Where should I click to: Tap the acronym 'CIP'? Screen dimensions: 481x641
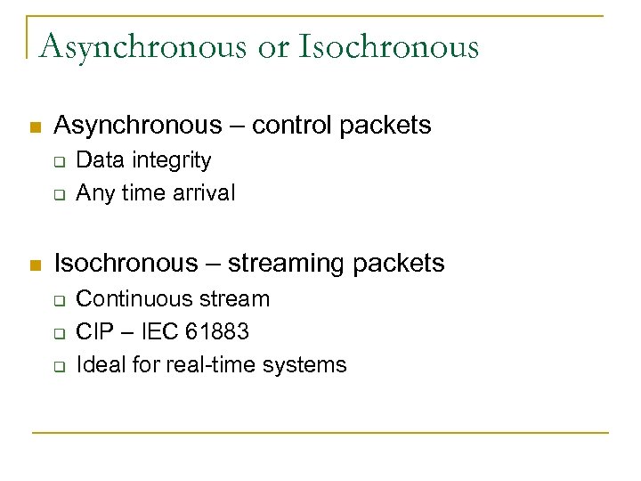tap(93, 331)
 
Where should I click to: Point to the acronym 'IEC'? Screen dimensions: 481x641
tap(161, 331)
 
